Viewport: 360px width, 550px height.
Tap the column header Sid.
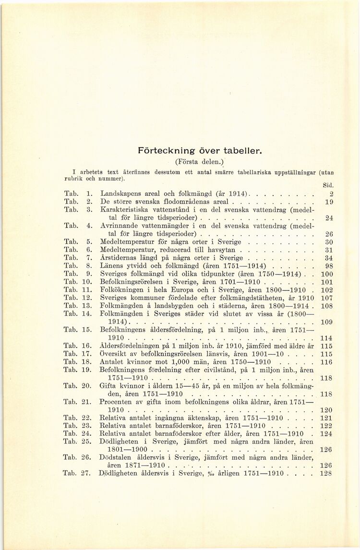pos(328,184)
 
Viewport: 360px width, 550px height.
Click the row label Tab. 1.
pos(77,193)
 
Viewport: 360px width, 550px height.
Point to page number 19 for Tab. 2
pos(329,202)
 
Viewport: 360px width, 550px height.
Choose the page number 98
pos(329,266)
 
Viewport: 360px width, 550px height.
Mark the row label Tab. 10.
pos(77,282)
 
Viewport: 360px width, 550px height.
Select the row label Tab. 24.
pos(77,433)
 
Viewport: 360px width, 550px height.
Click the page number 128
pos(327,473)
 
